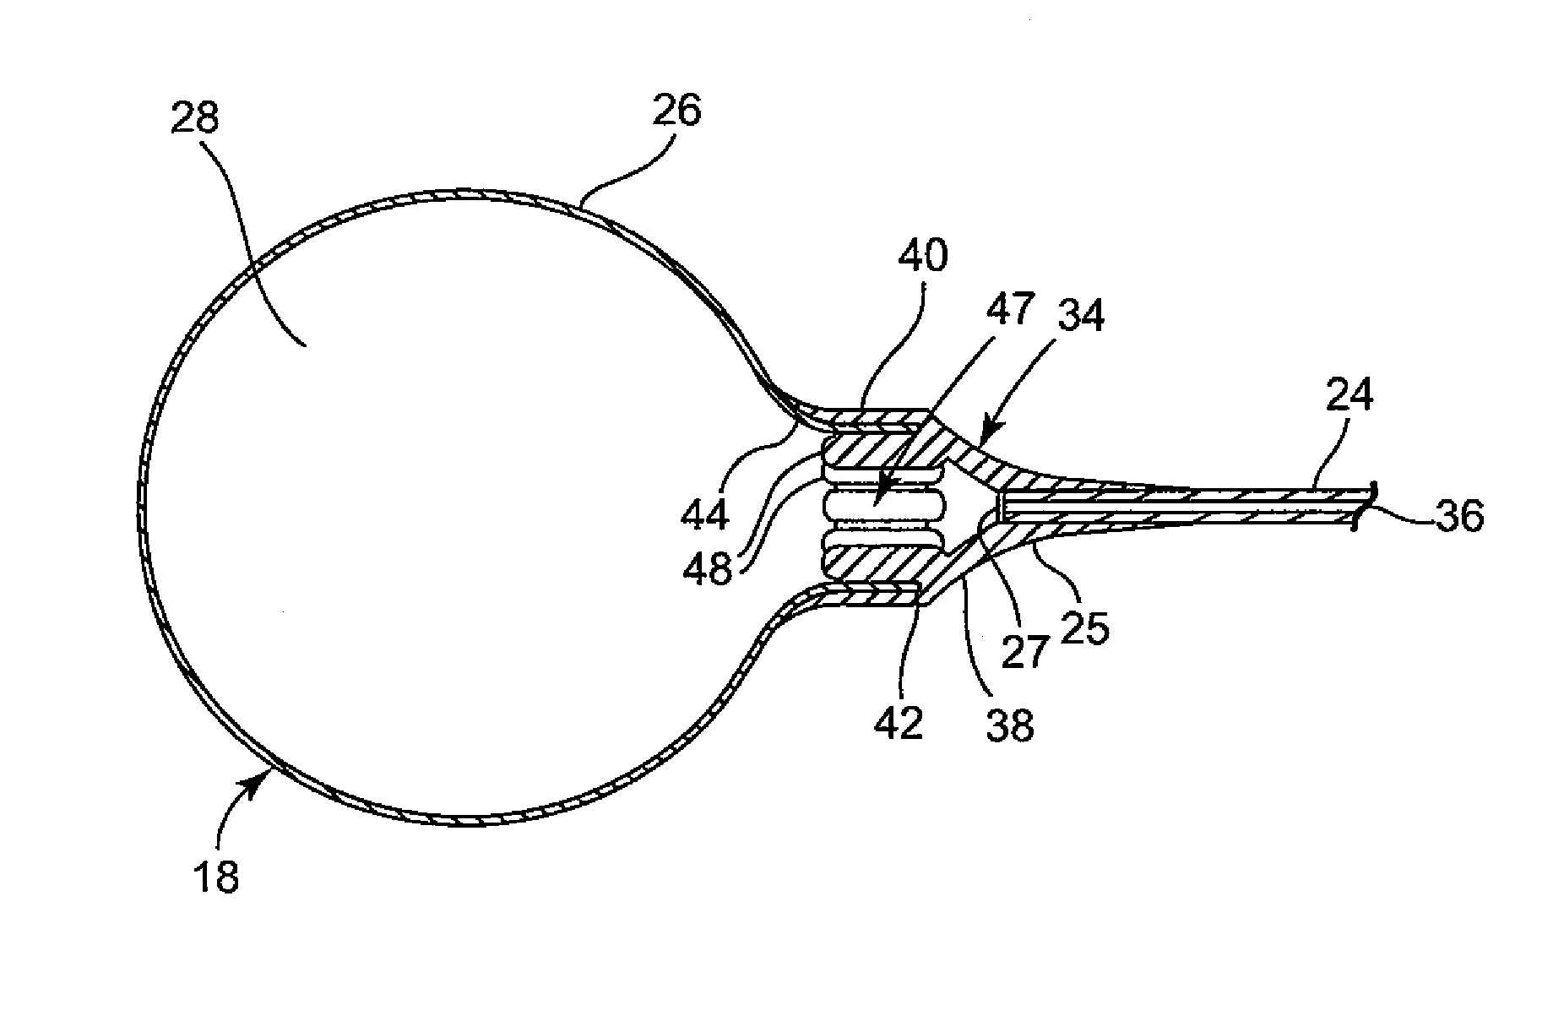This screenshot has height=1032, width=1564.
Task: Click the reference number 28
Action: pos(194,119)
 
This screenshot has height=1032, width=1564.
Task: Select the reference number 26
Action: pos(676,111)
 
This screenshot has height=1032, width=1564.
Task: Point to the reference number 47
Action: pos(1010,310)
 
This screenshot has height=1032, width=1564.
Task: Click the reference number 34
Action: pos(1079,317)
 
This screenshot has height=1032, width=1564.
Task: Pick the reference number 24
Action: pos(1349,395)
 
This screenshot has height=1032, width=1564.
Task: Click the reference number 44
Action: pos(706,514)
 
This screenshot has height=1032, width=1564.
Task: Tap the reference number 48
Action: pos(708,570)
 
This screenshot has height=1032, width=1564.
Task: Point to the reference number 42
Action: pos(899,724)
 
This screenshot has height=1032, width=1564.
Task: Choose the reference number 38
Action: pos(1008,725)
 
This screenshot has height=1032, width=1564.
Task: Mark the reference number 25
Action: pos(1085,629)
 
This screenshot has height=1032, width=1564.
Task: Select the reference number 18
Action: pos(216,877)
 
